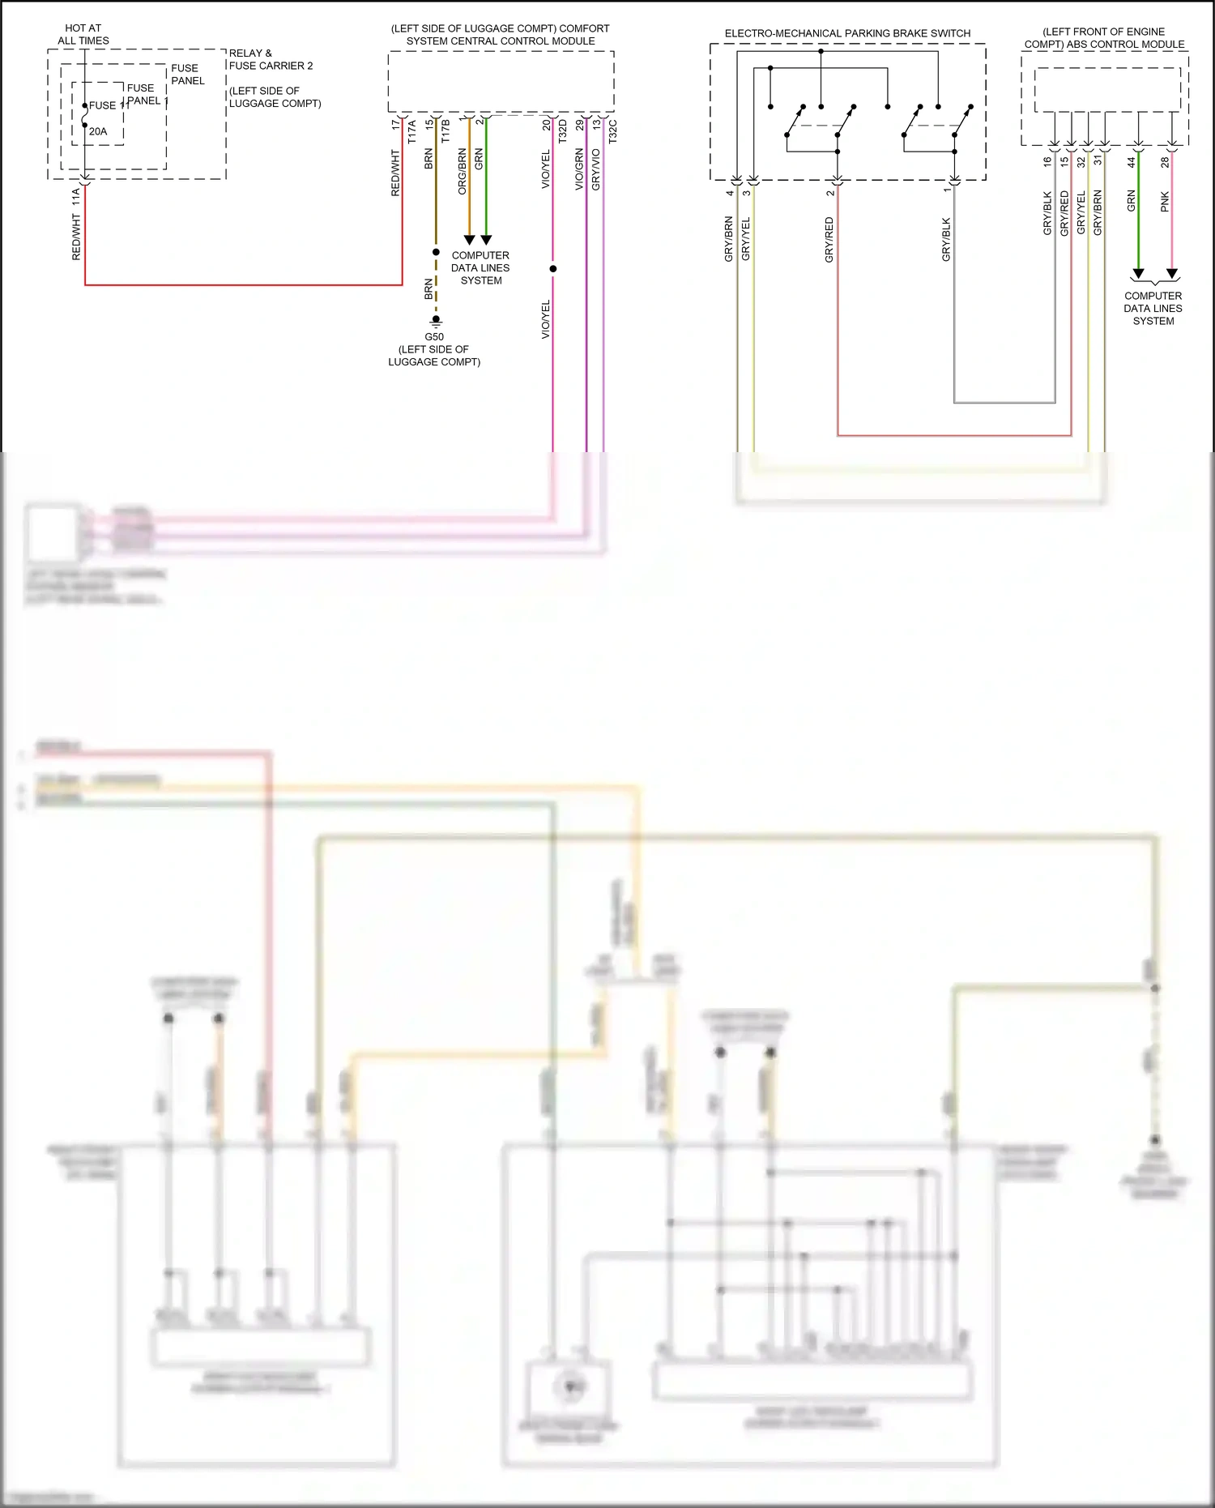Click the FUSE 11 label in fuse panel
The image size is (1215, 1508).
pos(109,105)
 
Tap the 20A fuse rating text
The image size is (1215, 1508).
pos(98,131)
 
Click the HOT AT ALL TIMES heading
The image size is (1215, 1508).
pos(83,34)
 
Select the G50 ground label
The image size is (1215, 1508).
pos(434,337)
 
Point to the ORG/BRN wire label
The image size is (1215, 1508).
pos(462,171)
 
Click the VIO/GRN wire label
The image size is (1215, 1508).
pos(579,169)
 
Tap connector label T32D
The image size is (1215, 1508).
pos(563,130)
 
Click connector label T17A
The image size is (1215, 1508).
pos(411,131)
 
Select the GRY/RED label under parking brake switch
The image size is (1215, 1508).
pos(829,240)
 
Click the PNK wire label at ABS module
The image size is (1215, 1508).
pos(1165,202)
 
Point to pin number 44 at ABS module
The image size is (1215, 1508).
pos(1132,162)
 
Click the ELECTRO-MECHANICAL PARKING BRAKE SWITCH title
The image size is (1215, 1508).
pos(847,33)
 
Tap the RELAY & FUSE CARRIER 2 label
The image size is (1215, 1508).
pos(271,59)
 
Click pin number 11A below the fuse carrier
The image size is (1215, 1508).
pos(76,196)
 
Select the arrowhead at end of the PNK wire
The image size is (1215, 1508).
pos(1172,274)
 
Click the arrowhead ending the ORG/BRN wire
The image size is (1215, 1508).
pos(469,240)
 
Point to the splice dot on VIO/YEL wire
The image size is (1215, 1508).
pos(553,268)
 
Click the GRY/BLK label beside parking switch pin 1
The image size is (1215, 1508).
pos(946,240)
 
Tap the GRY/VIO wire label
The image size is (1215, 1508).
pos(596,169)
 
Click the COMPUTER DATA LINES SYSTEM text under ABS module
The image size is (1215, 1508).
pos(1153,309)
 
